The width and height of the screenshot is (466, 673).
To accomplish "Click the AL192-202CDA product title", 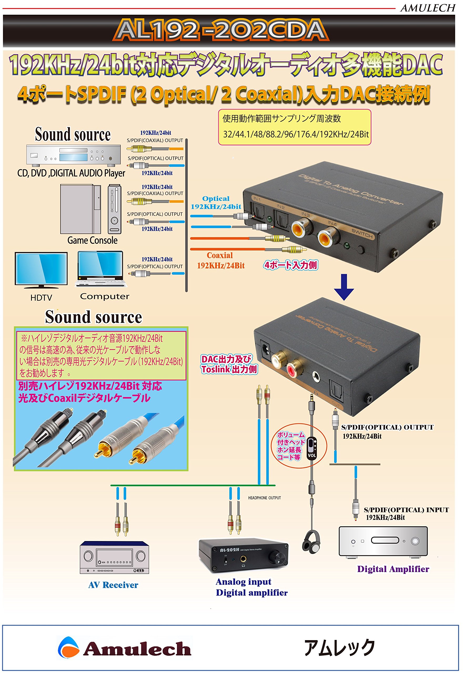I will pyautogui.click(x=221, y=30).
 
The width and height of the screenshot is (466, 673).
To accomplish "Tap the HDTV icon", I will pyautogui.click(x=41, y=270).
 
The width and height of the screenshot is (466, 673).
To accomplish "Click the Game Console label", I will pyautogui.click(x=92, y=241).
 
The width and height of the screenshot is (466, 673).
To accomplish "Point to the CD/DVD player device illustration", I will pyautogui.click(x=73, y=155).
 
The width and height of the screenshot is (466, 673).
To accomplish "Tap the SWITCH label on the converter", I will pyautogui.click(x=362, y=233).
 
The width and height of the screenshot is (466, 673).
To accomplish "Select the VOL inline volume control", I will pyautogui.click(x=312, y=448).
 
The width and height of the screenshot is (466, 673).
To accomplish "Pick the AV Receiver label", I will pyautogui.click(x=113, y=585).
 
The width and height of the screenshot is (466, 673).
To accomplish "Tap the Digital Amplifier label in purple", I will pyautogui.click(x=393, y=569).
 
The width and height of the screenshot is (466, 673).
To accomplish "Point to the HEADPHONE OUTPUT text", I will pyautogui.click(x=264, y=498).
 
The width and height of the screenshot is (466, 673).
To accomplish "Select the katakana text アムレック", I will pyautogui.click(x=340, y=647).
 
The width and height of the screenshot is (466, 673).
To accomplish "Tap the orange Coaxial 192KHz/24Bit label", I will pyautogui.click(x=220, y=260).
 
